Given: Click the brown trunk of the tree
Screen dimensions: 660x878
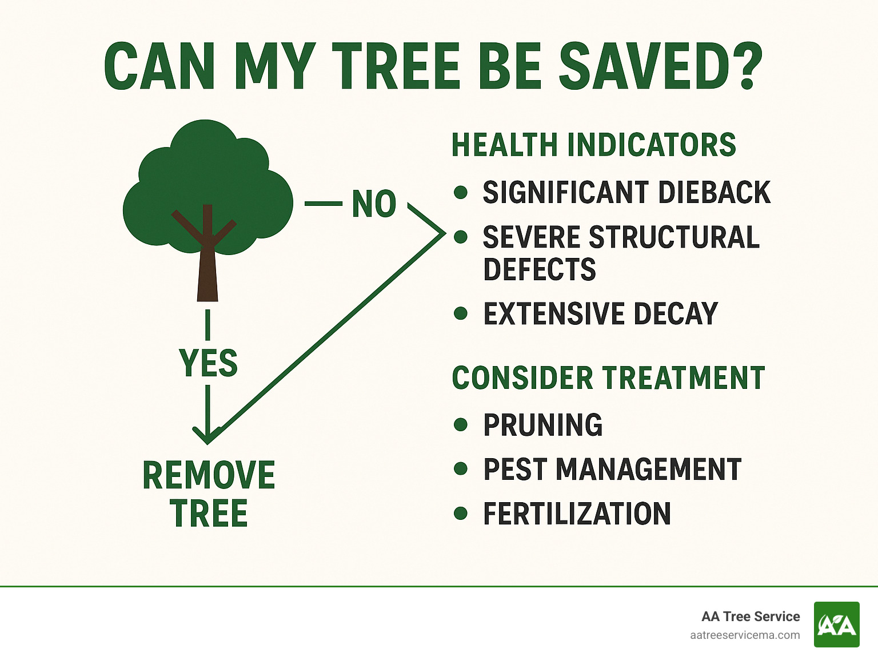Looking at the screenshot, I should (x=207, y=275).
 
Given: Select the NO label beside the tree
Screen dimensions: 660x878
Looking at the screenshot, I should (x=374, y=204).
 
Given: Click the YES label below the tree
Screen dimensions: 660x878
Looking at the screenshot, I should (x=208, y=363).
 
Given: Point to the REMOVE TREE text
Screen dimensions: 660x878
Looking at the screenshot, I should (x=209, y=494).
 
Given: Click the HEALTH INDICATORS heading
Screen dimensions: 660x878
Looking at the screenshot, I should (x=593, y=145).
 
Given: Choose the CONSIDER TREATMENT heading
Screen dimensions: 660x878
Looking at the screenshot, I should (x=608, y=378).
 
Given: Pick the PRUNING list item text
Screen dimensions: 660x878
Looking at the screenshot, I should (x=542, y=425).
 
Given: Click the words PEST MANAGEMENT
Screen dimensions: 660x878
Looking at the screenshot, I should (x=612, y=469).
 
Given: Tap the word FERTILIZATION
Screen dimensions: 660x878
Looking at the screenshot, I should (x=577, y=514).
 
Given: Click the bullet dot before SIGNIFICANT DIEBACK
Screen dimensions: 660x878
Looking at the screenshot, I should (x=461, y=192).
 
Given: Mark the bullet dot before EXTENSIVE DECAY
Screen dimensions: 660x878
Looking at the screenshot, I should (x=461, y=313).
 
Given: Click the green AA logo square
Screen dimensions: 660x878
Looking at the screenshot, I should (x=836, y=625).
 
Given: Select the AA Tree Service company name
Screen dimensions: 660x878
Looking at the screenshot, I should (x=751, y=617).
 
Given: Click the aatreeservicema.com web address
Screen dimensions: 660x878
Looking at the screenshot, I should (x=745, y=635).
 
